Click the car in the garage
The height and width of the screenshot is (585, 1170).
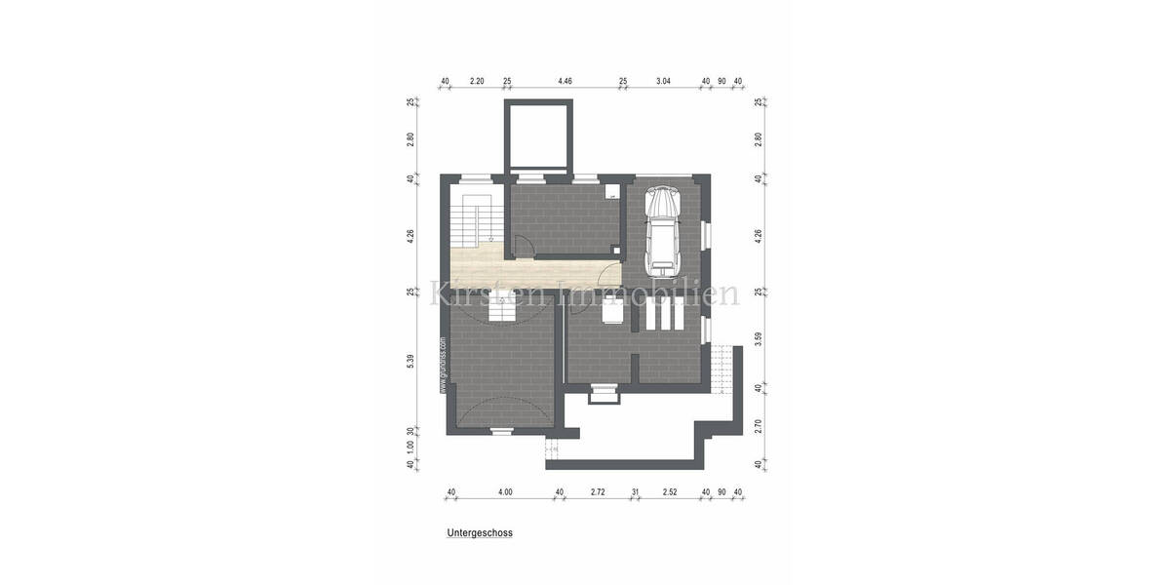pos(664,231)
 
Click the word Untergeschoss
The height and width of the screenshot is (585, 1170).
pos(480,533)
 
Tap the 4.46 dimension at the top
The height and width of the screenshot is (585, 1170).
pos(565,81)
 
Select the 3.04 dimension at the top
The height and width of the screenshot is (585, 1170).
pos(663,81)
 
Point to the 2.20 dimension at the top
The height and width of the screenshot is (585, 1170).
pos(477,81)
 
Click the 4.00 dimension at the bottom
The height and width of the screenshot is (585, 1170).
pos(504,492)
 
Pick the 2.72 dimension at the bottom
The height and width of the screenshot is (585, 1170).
pos(598,492)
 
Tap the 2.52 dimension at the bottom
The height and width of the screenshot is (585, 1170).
pos(670,492)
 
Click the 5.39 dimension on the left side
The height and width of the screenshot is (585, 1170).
pos(410,360)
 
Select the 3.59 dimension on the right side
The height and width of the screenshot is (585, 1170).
pos(760,340)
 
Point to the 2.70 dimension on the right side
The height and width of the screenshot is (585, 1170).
pos(760,425)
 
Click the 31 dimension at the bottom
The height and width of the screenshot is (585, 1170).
pos(635,492)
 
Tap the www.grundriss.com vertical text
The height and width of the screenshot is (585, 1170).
pos(443,365)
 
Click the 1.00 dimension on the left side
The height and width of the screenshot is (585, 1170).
pos(410,446)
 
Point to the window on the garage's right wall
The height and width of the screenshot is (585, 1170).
pos(708,235)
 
